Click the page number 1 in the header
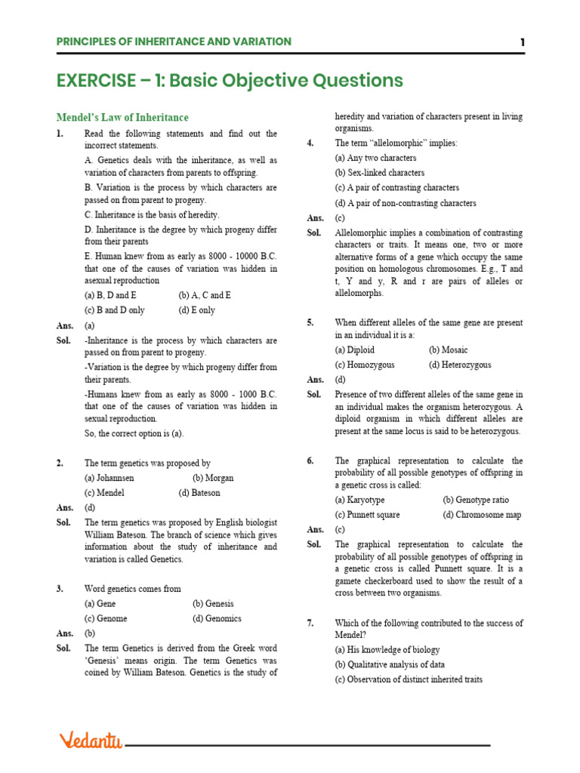pos(522,42)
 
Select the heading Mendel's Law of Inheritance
pos(122,118)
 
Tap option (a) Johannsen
pos(110,478)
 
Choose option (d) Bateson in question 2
pos(199,492)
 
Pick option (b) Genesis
pos(213,603)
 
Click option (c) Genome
pos(106,618)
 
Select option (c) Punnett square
pos(367,515)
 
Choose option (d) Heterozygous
pos(460,365)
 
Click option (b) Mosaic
pos(448,350)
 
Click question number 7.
pos(310,623)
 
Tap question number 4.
pos(310,143)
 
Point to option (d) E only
pos(196,310)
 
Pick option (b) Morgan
pos(213,478)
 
